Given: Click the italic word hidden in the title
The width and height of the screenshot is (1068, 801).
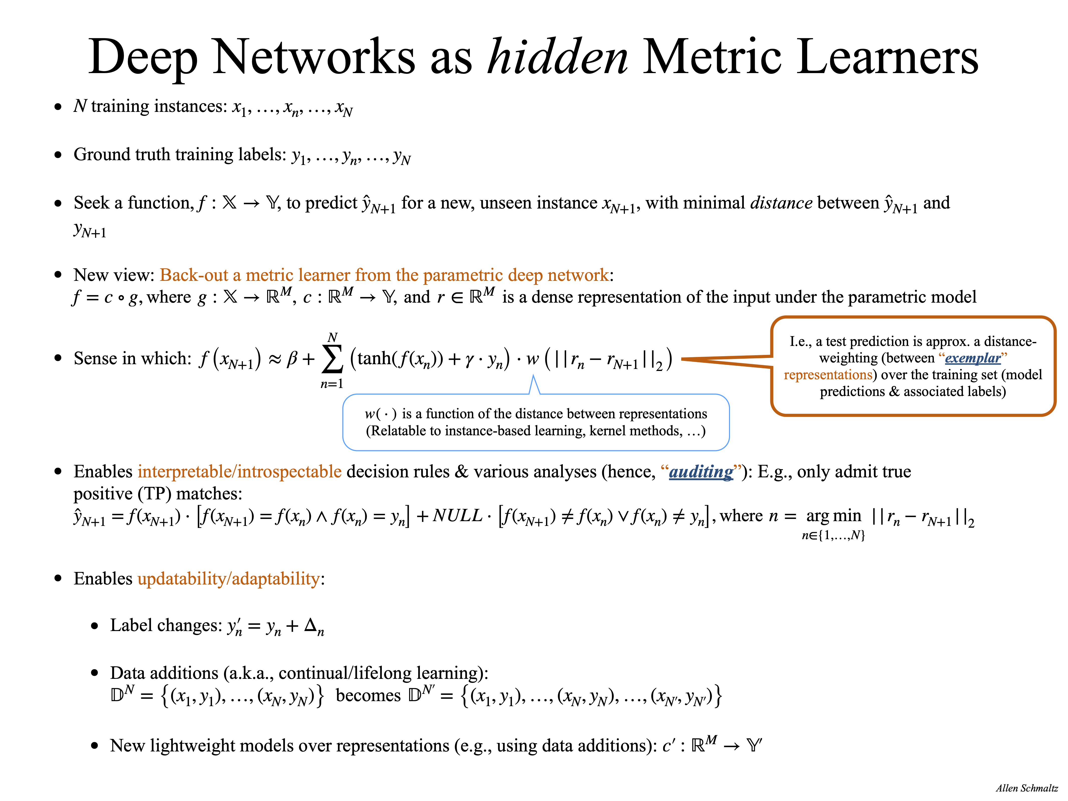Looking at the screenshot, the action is (x=558, y=57).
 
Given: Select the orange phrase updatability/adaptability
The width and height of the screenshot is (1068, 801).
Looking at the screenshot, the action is (x=228, y=578).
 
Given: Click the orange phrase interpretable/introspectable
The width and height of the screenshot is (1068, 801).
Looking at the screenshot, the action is (x=240, y=472).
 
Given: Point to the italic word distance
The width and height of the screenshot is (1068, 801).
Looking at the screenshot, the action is (x=781, y=203).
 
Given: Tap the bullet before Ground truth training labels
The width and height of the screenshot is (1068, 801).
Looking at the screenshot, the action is (x=58, y=155).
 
